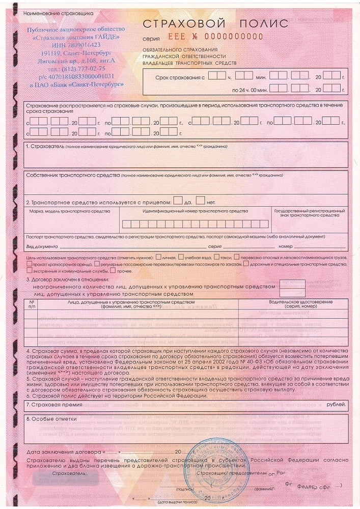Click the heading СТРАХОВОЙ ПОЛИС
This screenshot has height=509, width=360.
pyautogui.click(x=215, y=24)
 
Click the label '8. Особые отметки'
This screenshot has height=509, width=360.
pyautogui.click(x=51, y=419)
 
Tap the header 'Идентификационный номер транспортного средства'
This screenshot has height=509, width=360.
pyautogui.click(x=195, y=211)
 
